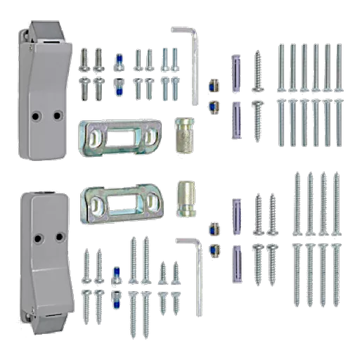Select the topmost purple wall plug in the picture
[x=236, y=70]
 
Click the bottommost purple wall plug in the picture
[x=236, y=262]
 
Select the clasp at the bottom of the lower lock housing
[x=35, y=320]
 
